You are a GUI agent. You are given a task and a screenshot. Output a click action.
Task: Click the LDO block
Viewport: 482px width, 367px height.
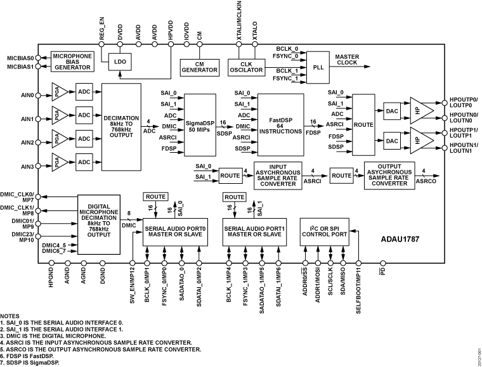[119, 61]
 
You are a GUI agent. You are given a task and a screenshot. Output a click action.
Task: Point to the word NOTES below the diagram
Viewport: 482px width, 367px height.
[10, 315]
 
